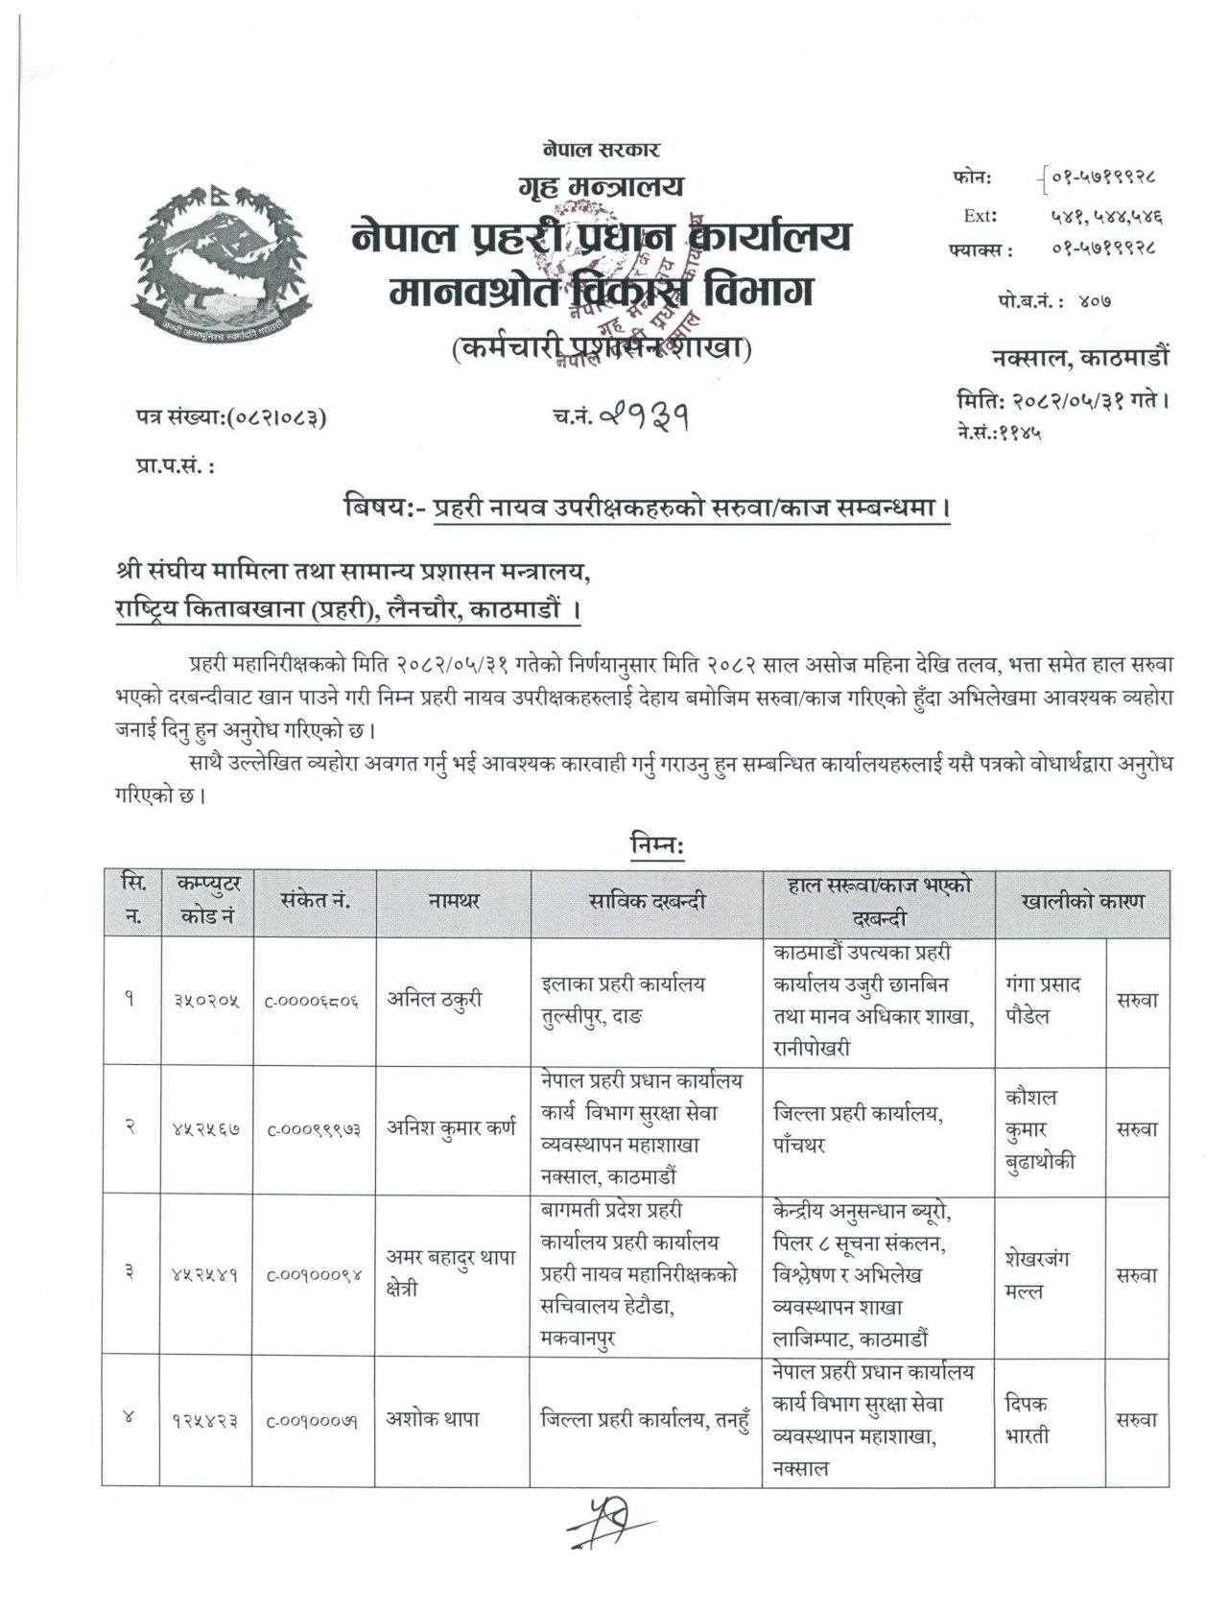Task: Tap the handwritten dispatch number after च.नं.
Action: pyautogui.click(x=644, y=415)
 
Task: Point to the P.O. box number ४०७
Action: pyautogui.click(x=1094, y=301)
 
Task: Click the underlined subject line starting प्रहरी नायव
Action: pyautogui.click(x=692, y=507)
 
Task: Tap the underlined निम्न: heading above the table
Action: pyautogui.click(x=656, y=845)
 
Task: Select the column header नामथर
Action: pyautogui.click(x=454, y=901)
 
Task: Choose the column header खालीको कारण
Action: pyautogui.click(x=1082, y=902)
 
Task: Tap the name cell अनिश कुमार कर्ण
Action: pyautogui.click(x=451, y=1127)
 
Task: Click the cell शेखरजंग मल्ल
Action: pyautogui.click(x=1037, y=1274)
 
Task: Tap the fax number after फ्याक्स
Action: pyautogui.click(x=1102, y=247)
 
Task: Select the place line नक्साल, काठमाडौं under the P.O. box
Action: pyautogui.click(x=1080, y=358)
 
